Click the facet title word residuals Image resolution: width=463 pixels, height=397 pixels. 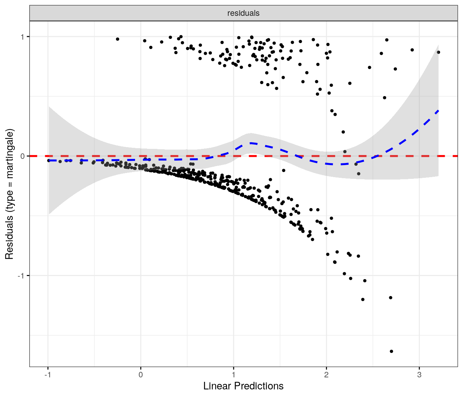(243, 13)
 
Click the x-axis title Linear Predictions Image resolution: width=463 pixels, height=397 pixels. (243, 386)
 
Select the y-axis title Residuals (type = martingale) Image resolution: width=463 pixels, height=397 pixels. (9, 194)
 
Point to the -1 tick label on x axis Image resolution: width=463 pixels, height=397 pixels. (48, 375)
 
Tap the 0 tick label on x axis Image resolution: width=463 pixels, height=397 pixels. (141, 375)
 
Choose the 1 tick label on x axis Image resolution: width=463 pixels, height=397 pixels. (234, 375)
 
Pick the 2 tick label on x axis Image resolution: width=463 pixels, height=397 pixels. (326, 375)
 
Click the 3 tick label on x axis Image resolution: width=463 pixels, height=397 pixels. (419, 375)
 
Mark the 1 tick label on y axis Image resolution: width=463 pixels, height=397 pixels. (22, 37)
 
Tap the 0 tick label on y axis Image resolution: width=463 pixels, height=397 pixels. (22, 156)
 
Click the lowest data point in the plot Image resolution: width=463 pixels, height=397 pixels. (391, 351)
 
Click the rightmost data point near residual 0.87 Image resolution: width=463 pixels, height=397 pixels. (439, 52)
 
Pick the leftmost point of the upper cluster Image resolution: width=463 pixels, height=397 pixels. (117, 39)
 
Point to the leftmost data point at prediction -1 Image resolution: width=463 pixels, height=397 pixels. (49, 161)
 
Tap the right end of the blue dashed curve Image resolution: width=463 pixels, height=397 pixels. (438, 110)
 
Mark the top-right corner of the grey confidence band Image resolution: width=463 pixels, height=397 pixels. (438, 45)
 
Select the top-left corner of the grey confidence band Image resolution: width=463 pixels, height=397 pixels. (49, 107)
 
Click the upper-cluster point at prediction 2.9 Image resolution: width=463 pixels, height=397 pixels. (412, 50)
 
